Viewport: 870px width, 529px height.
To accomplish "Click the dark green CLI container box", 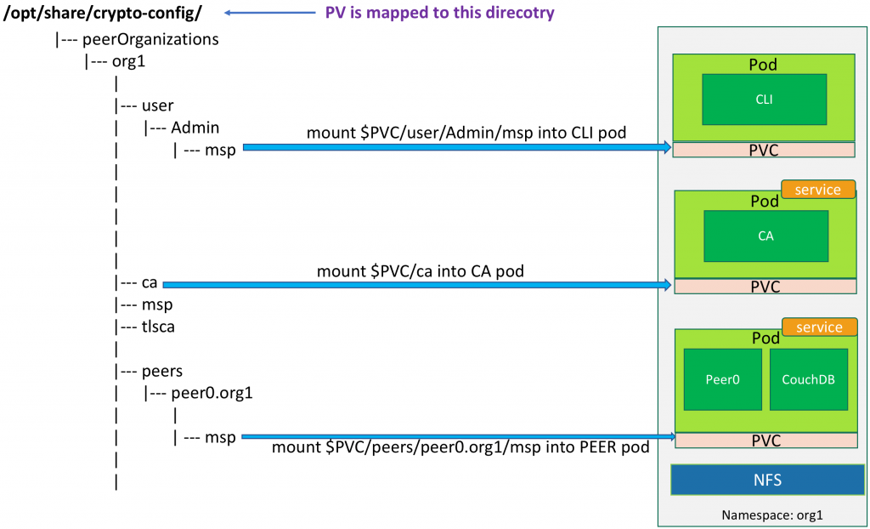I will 764,100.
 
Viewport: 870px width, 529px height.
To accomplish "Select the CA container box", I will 765,236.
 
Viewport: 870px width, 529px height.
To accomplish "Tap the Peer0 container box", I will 722,379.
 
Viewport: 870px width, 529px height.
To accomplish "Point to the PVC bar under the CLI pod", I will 764,150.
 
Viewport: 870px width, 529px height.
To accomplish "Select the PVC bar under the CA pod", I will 765,287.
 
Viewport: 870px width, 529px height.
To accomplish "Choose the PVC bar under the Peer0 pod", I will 765,441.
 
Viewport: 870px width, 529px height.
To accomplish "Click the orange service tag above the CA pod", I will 817,190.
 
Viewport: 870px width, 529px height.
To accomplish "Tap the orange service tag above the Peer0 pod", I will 819,327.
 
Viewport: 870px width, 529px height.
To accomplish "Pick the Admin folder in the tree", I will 195,128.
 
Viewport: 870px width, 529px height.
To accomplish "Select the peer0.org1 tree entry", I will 212,393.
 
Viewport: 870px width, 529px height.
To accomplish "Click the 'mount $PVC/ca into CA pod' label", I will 420,271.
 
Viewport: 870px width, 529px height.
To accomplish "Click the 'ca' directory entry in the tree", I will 150,282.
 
